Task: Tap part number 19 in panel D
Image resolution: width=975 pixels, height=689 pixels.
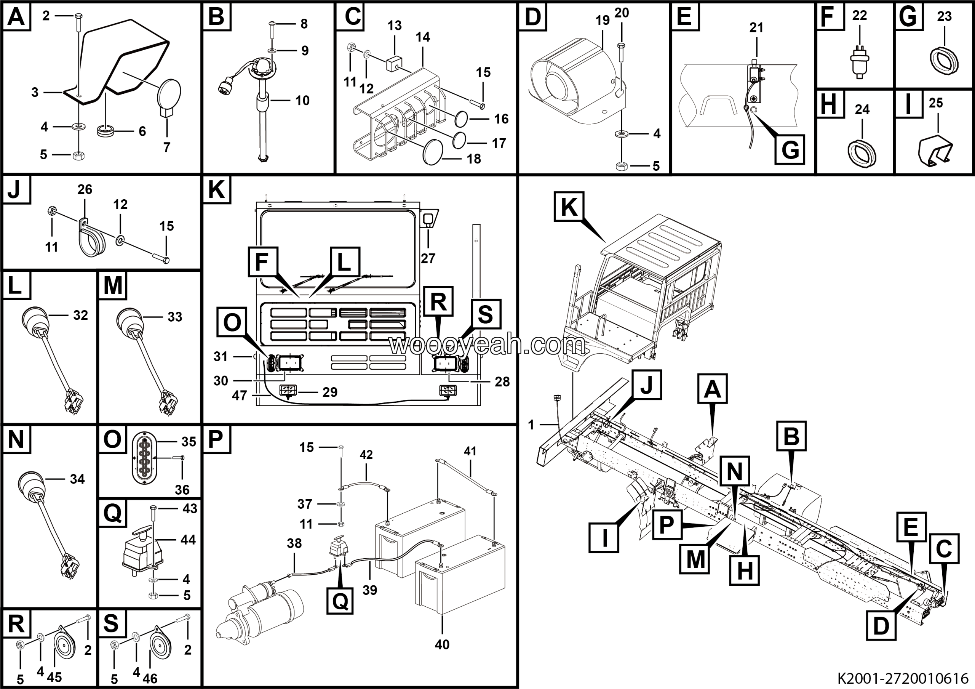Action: (x=602, y=20)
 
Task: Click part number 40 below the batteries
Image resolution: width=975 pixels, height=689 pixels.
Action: (x=442, y=644)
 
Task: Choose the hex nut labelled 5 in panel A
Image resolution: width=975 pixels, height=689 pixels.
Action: (x=78, y=155)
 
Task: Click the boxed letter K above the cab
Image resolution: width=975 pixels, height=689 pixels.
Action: (x=569, y=207)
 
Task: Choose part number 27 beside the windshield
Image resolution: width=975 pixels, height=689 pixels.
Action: (x=428, y=258)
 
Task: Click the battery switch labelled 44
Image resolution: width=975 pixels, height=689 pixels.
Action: (x=140, y=552)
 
